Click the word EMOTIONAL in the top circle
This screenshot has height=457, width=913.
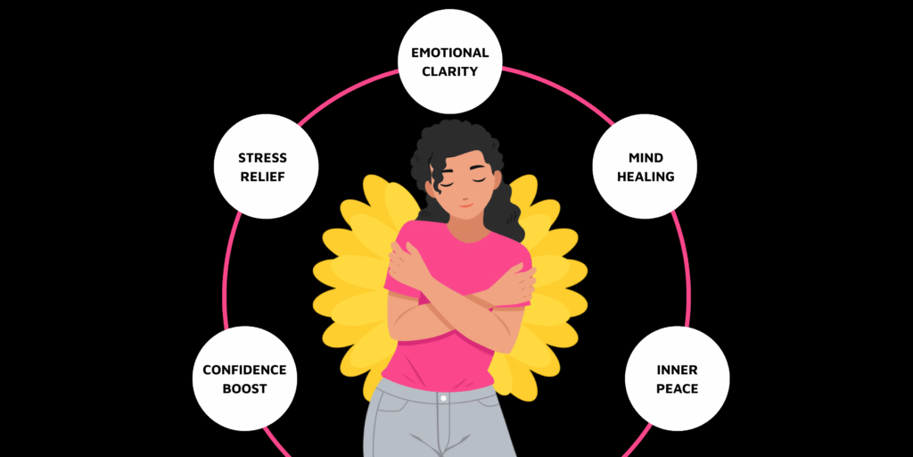(450, 53)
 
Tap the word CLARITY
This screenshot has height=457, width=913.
(450, 71)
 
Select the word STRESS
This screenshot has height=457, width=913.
(262, 158)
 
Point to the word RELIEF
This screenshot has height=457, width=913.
(262, 177)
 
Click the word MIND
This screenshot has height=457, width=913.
(646, 158)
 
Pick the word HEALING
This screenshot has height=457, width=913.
(646, 177)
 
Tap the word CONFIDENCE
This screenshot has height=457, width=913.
(244, 370)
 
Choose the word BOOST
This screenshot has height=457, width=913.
(244, 388)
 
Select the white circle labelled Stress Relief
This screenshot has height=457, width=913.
(262, 168)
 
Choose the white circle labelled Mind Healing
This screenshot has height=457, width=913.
(646, 168)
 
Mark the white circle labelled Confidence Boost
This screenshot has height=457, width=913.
(244, 379)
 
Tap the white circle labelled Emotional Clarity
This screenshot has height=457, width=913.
(450, 62)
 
